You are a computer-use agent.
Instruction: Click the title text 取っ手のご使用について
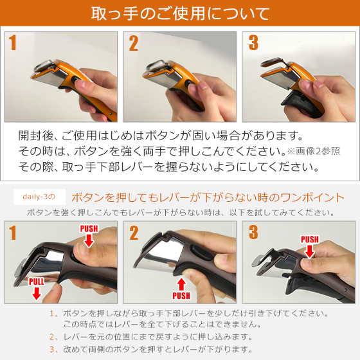click(x=180, y=14)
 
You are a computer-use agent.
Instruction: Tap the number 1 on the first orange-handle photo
click(x=14, y=44)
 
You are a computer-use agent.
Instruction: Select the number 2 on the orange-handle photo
click(x=134, y=44)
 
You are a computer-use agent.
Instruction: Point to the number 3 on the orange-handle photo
click(x=253, y=44)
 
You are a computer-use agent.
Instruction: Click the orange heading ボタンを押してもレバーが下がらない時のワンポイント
click(x=207, y=196)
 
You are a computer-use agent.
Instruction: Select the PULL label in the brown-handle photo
click(x=37, y=281)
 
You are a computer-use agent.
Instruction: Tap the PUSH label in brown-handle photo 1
click(x=89, y=229)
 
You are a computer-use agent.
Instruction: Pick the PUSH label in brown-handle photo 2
click(x=181, y=296)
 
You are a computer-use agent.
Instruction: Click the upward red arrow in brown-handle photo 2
click(x=181, y=282)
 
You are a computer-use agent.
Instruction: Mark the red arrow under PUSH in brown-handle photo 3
click(x=310, y=252)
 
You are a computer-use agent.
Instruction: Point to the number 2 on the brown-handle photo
click(x=134, y=233)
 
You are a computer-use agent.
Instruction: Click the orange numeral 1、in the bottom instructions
click(x=54, y=314)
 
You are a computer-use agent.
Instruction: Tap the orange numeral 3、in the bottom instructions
click(x=54, y=349)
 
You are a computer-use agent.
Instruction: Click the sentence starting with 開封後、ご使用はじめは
click(x=161, y=136)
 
